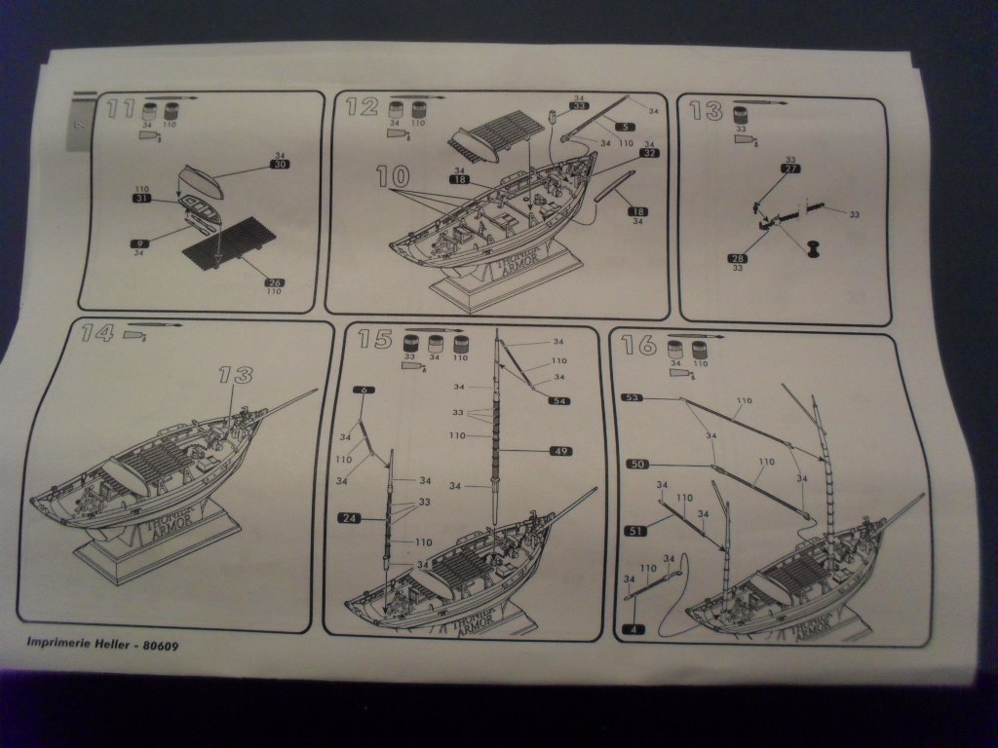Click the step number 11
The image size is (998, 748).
point(120,108)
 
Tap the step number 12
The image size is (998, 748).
point(362,106)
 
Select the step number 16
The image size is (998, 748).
point(637,346)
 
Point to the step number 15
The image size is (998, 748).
point(375,339)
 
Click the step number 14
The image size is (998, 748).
point(97,333)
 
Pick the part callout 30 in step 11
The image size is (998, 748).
point(281,165)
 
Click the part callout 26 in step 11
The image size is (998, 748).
point(274,282)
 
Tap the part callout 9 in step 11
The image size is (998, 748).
point(139,243)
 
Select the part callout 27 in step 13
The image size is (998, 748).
point(790,168)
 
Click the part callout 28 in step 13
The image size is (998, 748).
point(738,258)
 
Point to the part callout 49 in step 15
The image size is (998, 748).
point(560,451)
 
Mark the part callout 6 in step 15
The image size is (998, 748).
point(363,390)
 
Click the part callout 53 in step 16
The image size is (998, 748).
point(633,397)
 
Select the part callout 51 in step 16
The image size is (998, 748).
point(635,531)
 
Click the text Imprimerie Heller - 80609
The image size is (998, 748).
point(96,644)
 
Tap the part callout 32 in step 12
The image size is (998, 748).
point(649,153)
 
